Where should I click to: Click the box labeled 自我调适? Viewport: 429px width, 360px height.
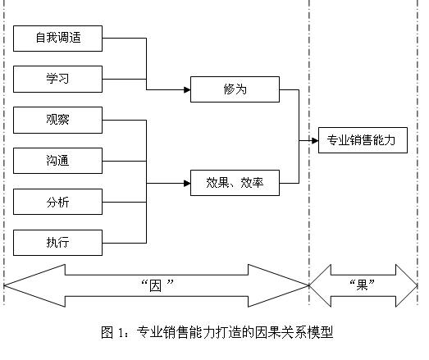[57, 38]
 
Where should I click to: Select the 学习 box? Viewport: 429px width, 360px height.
[57, 79]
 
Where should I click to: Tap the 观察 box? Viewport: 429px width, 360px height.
[57, 120]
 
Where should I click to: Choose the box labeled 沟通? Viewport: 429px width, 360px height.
[57, 161]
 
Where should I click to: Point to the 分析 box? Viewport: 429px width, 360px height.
[57, 201]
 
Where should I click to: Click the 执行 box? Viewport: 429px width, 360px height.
[57, 242]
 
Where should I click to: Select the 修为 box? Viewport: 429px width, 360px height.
[235, 89]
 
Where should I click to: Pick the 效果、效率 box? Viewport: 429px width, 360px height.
[235, 183]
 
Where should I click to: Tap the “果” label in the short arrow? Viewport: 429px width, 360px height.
[361, 285]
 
